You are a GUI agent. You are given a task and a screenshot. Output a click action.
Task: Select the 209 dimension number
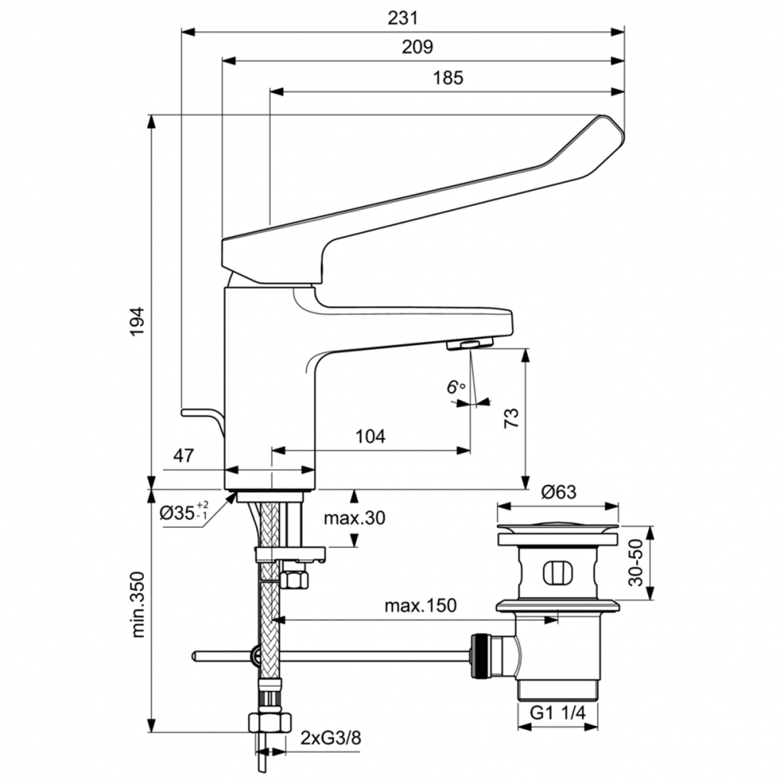(x=419, y=47)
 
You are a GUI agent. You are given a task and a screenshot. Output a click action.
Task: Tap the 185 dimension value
(x=447, y=78)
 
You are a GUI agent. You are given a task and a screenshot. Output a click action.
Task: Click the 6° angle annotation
(x=457, y=387)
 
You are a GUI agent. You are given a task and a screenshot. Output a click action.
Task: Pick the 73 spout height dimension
(x=511, y=418)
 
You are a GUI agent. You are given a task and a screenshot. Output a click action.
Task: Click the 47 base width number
(x=183, y=455)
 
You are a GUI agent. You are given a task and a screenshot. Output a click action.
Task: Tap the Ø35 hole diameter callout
(x=183, y=512)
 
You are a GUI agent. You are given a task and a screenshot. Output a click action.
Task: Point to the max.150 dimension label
(x=420, y=605)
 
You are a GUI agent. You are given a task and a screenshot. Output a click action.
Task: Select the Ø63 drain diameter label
(x=558, y=491)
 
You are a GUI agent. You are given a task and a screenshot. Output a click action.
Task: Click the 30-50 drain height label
(x=636, y=563)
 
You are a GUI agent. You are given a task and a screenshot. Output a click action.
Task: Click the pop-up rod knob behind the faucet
(x=195, y=412)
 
